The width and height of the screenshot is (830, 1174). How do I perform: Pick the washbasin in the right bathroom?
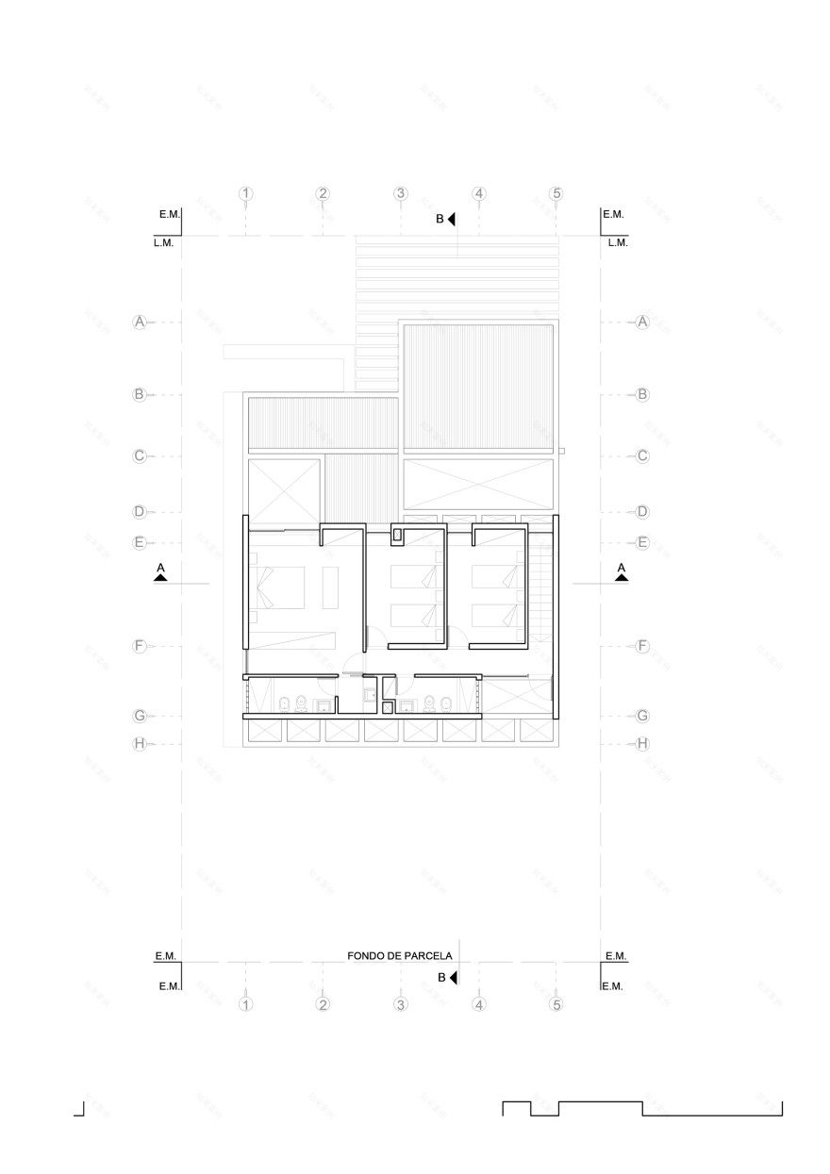[407, 705]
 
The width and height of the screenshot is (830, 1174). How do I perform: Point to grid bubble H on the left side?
[140, 743]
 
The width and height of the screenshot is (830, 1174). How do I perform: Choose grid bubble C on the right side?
[643, 455]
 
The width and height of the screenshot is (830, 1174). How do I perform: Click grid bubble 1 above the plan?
[246, 194]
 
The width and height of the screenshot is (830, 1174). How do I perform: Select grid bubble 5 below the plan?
[556, 1004]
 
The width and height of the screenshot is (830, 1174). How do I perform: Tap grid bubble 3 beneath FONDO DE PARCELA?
[401, 1004]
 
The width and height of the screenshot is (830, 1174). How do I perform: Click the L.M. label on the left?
[163, 242]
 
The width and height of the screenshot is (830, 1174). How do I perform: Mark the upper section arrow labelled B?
[452, 220]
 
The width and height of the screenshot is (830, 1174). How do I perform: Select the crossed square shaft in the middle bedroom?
[397, 536]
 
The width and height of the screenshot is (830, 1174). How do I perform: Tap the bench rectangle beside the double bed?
[332, 586]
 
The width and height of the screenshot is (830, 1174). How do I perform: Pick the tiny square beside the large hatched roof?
[561, 452]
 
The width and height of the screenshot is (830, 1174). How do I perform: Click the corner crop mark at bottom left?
[80, 1110]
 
